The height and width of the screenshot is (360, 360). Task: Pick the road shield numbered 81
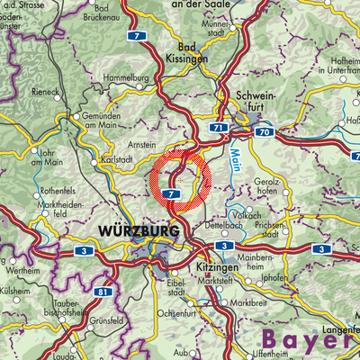coord(104,292)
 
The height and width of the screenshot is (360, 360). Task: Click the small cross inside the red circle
coord(180,180)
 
